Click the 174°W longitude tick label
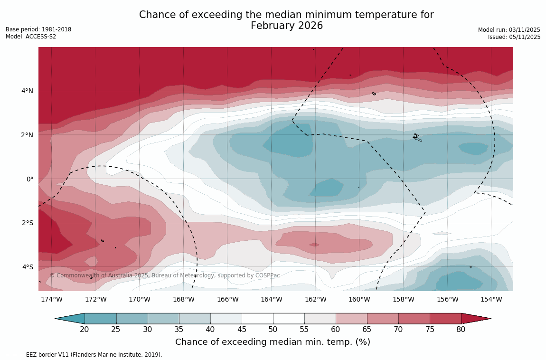tap(51, 299)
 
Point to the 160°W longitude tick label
tap(359, 299)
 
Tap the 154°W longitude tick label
tap(491, 299)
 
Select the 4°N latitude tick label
tap(28, 91)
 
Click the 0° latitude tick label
tap(30, 179)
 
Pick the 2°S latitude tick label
tap(28, 223)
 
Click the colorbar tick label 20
tap(85, 330)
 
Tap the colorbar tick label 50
tap(273, 330)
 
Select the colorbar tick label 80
tap(461, 330)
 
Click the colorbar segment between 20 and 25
tap(100, 319)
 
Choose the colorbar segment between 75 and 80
tap(445, 319)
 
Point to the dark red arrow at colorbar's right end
tap(475, 319)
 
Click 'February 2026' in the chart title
tap(286, 26)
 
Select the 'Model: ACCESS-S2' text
tap(31, 37)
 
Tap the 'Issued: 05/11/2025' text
tap(514, 37)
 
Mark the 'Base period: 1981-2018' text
tap(38, 29)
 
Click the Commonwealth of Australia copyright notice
tap(165, 275)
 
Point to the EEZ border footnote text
tap(84, 355)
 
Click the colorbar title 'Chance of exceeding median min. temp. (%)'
tap(273, 342)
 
